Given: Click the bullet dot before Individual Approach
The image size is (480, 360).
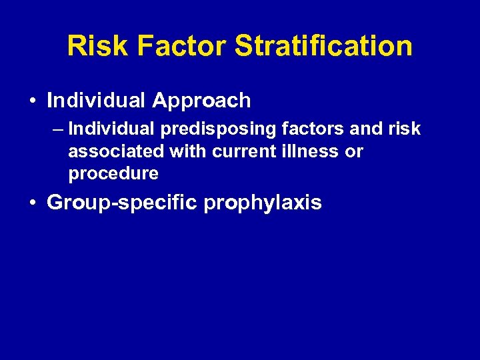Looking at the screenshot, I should [x=33, y=101].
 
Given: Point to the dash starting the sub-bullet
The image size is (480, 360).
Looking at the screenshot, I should [x=58, y=129].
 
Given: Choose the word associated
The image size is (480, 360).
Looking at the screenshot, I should [x=117, y=151].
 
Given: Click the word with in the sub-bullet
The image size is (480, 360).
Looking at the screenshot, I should [x=189, y=151].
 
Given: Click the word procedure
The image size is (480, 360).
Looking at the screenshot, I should [x=113, y=174].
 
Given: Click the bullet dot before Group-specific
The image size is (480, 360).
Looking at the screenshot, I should [x=33, y=203].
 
